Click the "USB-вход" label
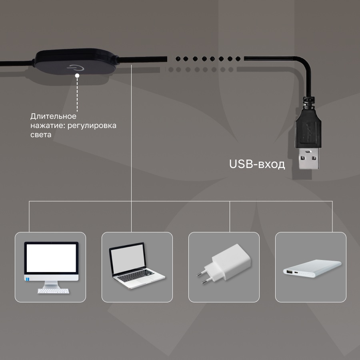coord(257,164)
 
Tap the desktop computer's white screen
coord(51,258)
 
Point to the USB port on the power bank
coord(288,272)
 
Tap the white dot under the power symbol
coord(77,75)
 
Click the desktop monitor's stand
coord(51,285)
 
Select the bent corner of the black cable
coord(306,64)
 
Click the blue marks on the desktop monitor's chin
coord(28,279)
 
